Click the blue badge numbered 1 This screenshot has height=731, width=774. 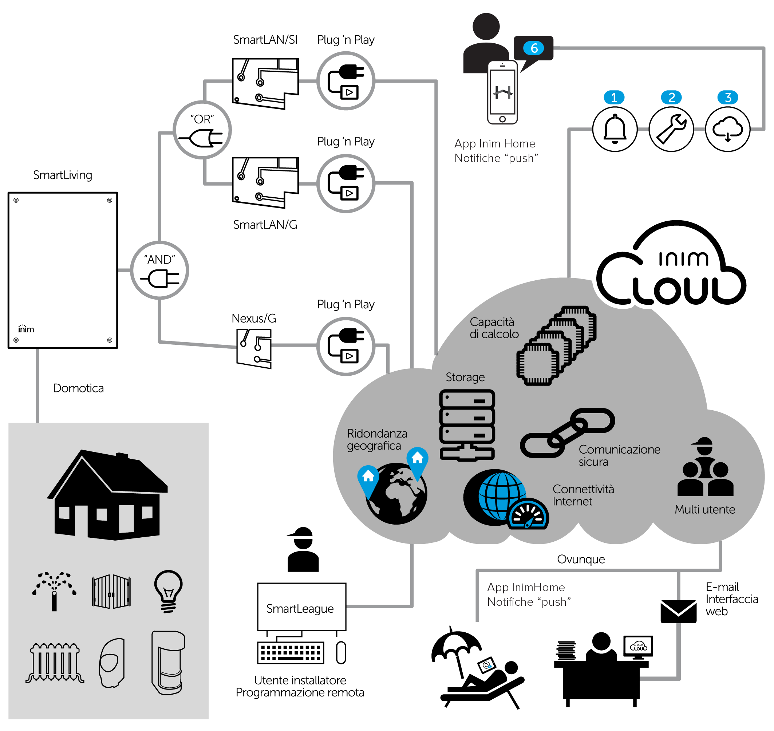614,98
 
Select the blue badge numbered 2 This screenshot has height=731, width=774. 671,98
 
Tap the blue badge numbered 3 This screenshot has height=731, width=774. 728,98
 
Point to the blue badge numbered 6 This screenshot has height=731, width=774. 534,48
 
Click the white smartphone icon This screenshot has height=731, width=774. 502,92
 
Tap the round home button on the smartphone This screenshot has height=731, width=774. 502,119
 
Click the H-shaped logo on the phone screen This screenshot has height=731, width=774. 503,92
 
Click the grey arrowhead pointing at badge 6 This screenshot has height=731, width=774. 557,48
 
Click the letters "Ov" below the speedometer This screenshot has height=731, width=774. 564,560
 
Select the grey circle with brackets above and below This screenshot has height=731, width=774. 202,130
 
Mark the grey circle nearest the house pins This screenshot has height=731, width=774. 346,347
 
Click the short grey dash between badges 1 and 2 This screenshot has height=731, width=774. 643,129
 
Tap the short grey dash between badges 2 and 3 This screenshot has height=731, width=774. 700,129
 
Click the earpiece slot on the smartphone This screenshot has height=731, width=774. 503,66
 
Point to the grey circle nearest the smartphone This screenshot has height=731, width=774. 346,81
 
